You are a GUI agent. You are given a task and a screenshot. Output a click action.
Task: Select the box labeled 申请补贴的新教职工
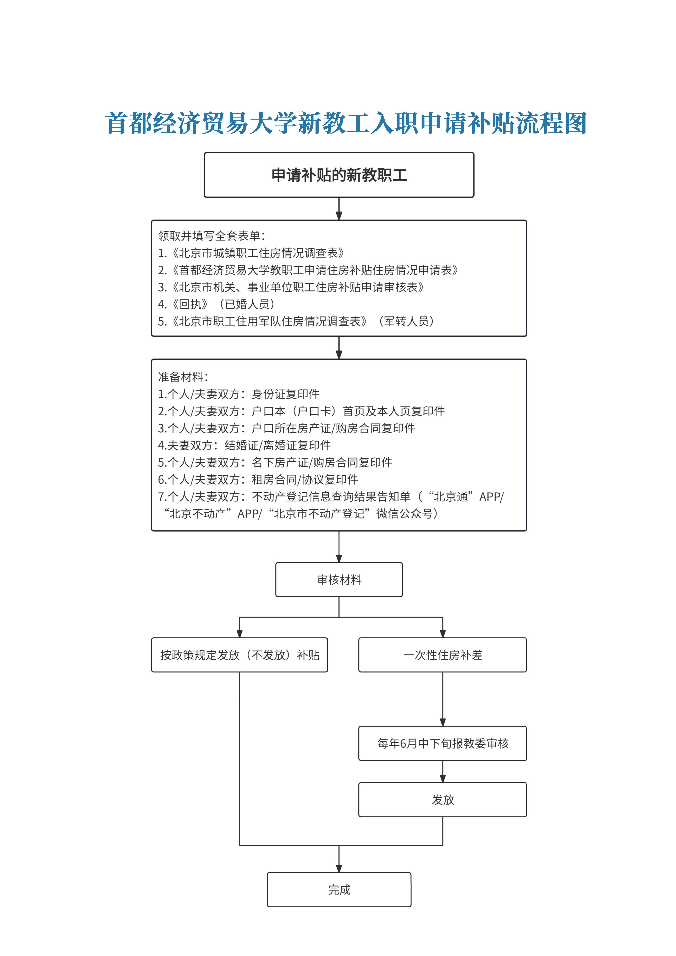[339, 175]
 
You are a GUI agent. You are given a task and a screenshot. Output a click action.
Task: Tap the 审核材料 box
[339, 580]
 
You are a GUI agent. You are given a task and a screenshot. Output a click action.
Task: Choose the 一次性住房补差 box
[442, 655]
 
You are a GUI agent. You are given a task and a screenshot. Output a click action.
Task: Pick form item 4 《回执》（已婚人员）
[216, 304]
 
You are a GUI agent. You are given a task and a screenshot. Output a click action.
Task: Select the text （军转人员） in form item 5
[406, 322]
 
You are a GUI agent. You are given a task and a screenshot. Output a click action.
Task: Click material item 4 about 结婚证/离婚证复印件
[244, 446]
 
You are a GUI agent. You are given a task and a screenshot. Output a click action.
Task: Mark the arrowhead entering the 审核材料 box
[339, 558]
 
